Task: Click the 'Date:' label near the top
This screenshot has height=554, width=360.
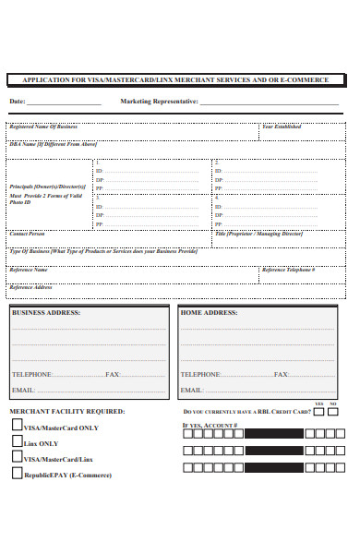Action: pos(18,102)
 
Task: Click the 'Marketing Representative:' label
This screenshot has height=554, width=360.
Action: pos(159,102)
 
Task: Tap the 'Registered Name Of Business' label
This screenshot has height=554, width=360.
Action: pos(43,126)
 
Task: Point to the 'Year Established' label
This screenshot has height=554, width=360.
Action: pos(282,126)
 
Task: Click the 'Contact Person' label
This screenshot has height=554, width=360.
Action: pos(28,234)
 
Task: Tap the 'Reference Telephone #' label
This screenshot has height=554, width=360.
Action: pos(288,270)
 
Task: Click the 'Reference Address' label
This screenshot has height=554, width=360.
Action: pos(30,286)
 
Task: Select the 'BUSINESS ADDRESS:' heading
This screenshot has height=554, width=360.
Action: pos(46,313)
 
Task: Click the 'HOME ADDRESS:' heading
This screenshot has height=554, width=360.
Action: pos(209,313)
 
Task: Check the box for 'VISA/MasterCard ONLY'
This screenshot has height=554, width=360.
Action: pos(17,426)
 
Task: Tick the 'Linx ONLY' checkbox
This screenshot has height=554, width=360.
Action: pos(17,441)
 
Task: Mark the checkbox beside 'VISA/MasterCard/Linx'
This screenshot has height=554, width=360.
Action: pos(17,457)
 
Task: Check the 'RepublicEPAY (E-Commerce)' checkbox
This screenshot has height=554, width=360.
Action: pos(17,473)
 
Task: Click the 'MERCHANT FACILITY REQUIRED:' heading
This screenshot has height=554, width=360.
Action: pos(67,411)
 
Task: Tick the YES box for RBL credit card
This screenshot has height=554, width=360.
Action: pos(319,412)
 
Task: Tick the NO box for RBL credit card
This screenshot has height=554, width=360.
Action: pos(333,412)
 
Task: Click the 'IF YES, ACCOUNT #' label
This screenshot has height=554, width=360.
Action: pos(210,426)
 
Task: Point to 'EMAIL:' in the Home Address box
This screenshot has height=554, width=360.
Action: pos(191,391)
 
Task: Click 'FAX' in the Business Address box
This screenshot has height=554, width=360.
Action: pos(113,375)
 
